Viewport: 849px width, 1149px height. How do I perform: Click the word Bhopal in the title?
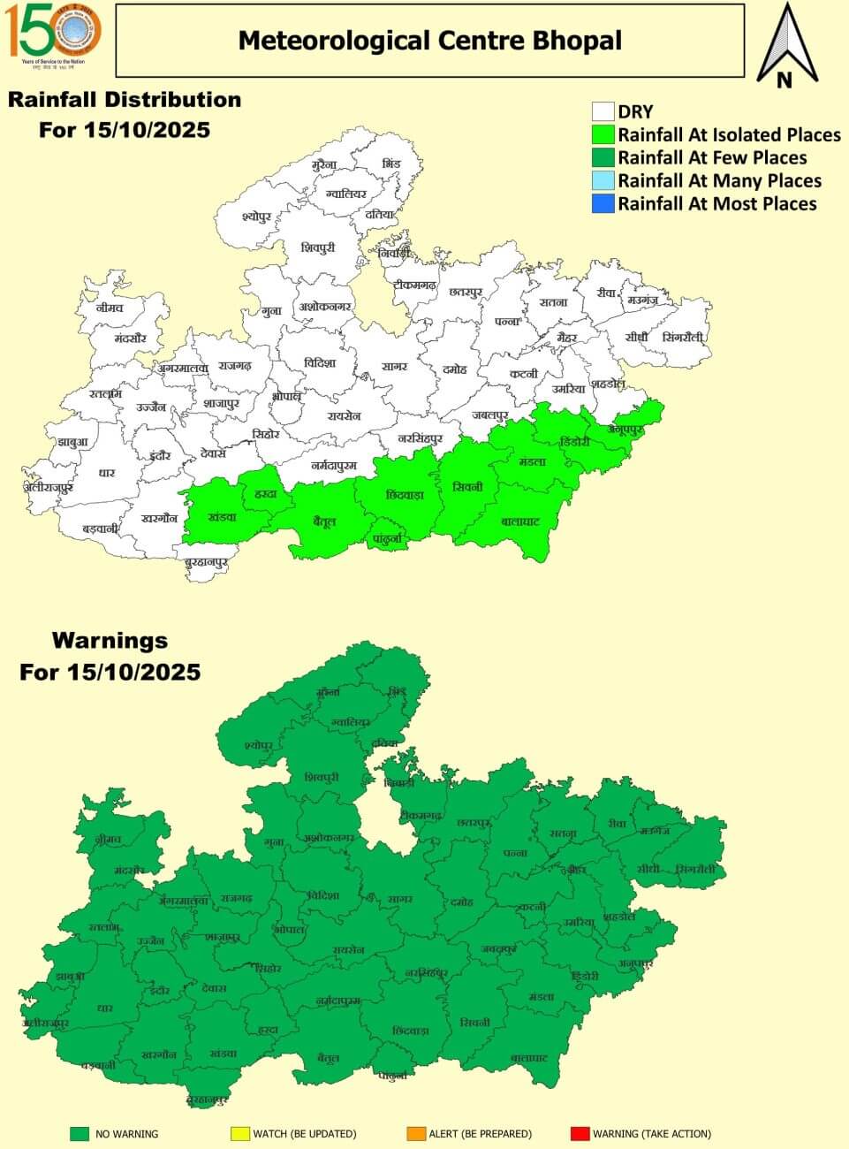coord(577,41)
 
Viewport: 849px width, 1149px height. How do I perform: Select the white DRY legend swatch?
coord(603,111)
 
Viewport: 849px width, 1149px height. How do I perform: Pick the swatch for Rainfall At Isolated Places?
coord(603,134)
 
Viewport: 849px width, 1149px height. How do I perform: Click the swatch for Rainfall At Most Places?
coord(603,203)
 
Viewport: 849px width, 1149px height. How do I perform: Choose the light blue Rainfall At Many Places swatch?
coord(603,180)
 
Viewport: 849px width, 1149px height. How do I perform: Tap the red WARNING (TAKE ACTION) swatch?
coord(580,1133)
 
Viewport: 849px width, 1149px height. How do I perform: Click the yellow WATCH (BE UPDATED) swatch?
coord(239,1133)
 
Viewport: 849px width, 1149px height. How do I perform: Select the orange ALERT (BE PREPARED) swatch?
coord(416,1133)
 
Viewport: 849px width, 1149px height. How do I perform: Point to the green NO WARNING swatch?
coord(81,1133)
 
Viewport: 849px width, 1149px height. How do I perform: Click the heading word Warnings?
coord(110,640)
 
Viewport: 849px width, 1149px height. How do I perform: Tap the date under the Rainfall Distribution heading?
coord(125,130)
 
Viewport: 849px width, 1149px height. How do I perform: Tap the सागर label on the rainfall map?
coord(394,366)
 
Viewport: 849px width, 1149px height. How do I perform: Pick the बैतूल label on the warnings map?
coord(329,1058)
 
